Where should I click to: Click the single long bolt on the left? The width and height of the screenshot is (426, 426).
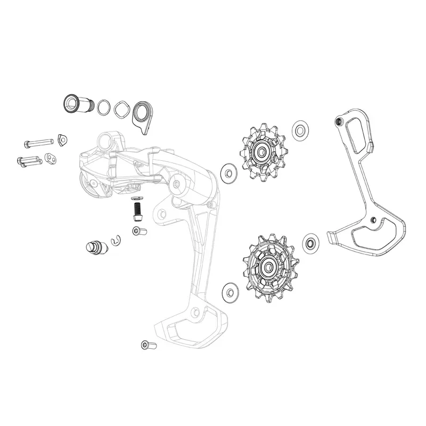tap(39, 143)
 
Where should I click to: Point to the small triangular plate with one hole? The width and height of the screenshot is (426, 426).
tap(63, 140)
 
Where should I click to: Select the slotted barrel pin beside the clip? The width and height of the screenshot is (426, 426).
tap(94, 247)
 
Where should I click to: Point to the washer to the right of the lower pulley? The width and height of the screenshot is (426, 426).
tap(309, 243)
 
